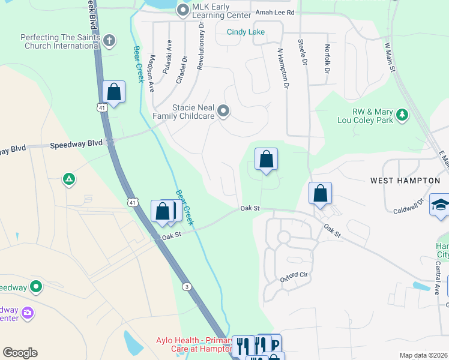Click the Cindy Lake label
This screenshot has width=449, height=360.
coord(246,32)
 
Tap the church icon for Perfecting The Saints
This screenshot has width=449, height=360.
coord(109,41)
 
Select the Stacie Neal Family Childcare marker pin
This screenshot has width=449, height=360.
coord(224,110)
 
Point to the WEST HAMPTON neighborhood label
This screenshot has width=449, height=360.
coord(405,180)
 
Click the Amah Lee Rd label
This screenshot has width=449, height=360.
coord(275,12)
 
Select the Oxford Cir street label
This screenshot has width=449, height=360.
coord(294,277)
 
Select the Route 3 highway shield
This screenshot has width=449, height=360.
coord(188,287)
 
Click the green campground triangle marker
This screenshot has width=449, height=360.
coord(70,179)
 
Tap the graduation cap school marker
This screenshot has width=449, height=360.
coord(440,206)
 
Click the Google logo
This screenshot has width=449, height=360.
coord(20,352)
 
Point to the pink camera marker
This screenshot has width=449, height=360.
coord(27,312)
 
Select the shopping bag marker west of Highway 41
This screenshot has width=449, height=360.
coord(113,92)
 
